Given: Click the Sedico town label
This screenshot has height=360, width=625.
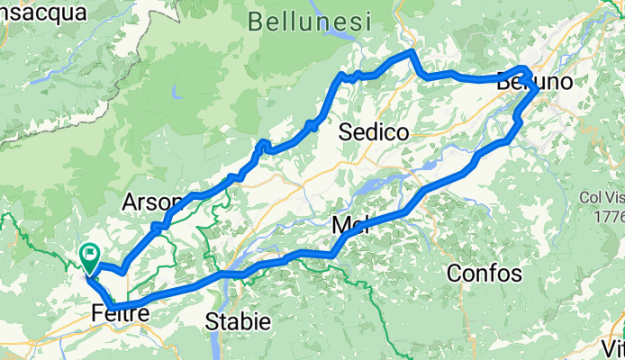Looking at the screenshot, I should click(x=374, y=132).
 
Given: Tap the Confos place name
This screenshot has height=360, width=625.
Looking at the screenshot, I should click(x=482, y=273).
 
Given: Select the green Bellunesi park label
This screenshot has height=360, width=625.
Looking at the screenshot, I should click(x=307, y=21).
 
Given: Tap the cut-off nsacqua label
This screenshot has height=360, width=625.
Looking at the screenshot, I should click(x=43, y=12).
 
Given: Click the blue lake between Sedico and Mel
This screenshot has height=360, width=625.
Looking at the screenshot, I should click(x=387, y=185).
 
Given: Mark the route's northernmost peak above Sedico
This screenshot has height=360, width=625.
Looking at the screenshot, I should click(x=412, y=53).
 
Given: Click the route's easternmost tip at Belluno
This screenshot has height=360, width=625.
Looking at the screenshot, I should click(x=538, y=90).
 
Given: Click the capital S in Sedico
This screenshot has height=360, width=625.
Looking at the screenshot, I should click(x=345, y=132).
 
